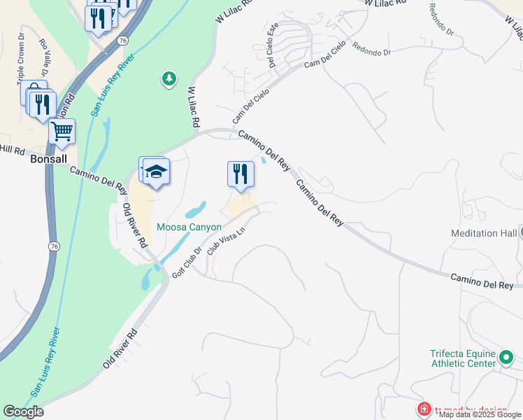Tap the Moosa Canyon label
click(x=189, y=227)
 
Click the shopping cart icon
click(x=62, y=130)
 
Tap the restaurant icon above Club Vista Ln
click(x=241, y=174)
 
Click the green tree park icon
click(x=169, y=78)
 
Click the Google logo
click(x=23, y=412)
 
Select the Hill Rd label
click(x=13, y=149)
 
